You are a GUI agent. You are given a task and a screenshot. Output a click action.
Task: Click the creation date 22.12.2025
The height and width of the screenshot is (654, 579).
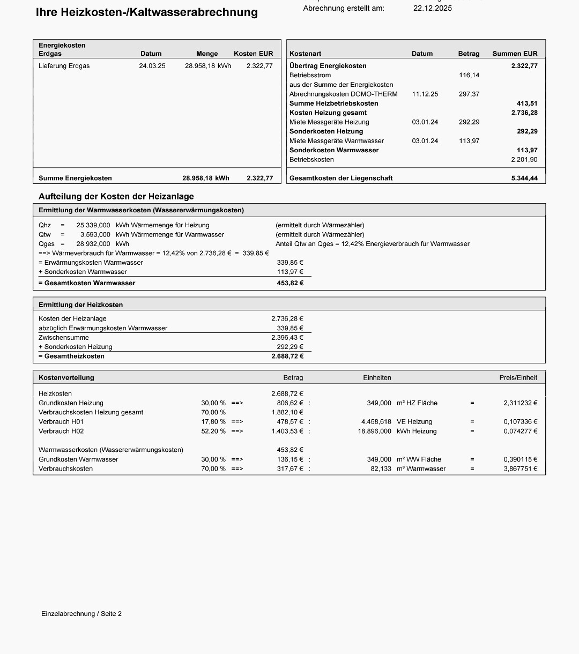point(432,8)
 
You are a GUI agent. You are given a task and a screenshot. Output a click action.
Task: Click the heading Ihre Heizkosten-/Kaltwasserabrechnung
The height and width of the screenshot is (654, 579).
point(146,12)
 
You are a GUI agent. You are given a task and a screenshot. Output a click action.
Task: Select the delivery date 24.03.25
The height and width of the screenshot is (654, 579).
point(152,66)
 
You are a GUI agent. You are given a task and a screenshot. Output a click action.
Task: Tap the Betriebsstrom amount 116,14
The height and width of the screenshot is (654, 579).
point(469,75)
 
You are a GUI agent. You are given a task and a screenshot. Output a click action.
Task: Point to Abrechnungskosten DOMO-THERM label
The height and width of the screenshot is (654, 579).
point(344,94)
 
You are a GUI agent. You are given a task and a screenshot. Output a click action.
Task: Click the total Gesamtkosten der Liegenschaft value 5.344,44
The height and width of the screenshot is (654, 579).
point(524,178)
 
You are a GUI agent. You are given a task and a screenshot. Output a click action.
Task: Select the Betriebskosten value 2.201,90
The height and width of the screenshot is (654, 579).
point(524,159)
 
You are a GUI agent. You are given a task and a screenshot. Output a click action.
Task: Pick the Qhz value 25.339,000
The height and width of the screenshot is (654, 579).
point(93,225)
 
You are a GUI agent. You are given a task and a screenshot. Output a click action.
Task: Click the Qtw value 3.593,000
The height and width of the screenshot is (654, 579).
point(95,234)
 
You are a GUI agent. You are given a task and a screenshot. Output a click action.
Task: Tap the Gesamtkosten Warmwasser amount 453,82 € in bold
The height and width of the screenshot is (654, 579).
point(290,283)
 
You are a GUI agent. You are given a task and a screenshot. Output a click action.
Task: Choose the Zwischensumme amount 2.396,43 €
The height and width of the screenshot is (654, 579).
point(287,337)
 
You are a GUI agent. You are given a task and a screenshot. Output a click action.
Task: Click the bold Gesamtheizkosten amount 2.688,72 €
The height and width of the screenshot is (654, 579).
point(287,356)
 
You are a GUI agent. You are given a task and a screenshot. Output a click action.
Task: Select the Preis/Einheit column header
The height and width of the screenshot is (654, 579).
point(518,377)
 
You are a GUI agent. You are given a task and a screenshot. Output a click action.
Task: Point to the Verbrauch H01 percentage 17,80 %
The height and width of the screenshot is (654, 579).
point(213,422)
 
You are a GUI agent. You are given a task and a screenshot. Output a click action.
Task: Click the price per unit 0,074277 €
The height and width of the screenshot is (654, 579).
point(520,431)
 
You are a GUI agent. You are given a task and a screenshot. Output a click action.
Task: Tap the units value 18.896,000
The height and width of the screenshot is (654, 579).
point(375,431)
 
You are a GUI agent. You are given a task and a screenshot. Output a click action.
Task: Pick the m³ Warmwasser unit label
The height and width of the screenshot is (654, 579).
point(421,469)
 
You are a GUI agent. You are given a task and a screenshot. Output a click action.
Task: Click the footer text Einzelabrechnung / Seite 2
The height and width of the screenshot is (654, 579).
point(81,614)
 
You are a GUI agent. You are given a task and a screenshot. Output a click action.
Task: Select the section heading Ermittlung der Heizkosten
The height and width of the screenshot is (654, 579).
point(81,304)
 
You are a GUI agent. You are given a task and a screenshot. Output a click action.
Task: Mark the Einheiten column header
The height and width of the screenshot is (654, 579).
point(377,377)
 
